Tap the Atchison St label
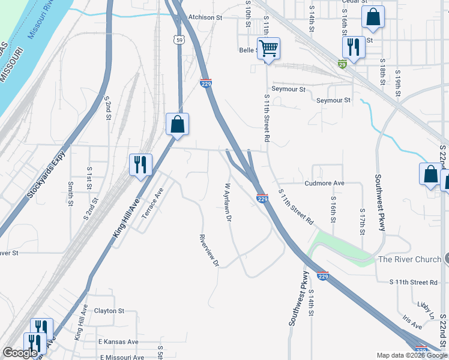tap(205, 17)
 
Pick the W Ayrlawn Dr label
tap(228, 202)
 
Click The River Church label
tap(409, 259)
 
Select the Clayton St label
tap(109, 311)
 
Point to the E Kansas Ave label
tap(118, 341)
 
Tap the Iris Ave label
tap(413, 323)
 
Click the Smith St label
tap(70, 194)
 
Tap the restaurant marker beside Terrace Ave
tap(140, 164)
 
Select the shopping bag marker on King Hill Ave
tap(177, 124)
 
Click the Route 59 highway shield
tap(179, 40)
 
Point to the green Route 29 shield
tap(342, 64)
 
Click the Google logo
tap(20, 352)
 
